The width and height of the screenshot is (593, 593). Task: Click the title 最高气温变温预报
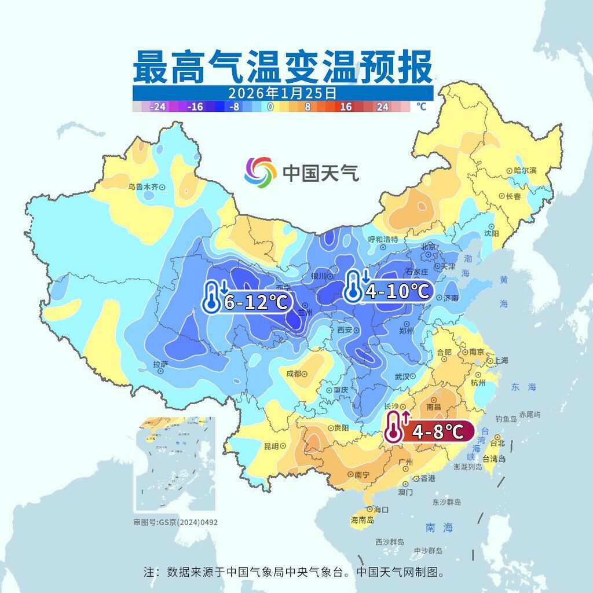pyautogui.click(x=283, y=67)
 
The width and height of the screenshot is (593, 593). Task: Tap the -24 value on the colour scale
pyautogui.click(x=158, y=107)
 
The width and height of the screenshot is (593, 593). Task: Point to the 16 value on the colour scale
pyautogui.click(x=346, y=107)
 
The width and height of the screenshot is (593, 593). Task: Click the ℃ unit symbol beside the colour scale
pyautogui.click(x=421, y=107)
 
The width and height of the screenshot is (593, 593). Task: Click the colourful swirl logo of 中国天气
pyautogui.click(x=260, y=172)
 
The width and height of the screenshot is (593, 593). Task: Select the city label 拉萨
pyautogui.click(x=160, y=364)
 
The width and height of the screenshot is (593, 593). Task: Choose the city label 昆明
pyautogui.click(x=271, y=446)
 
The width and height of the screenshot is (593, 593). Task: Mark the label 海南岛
pyautogui.click(x=362, y=521)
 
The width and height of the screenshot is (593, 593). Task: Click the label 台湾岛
pyautogui.click(x=494, y=459)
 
